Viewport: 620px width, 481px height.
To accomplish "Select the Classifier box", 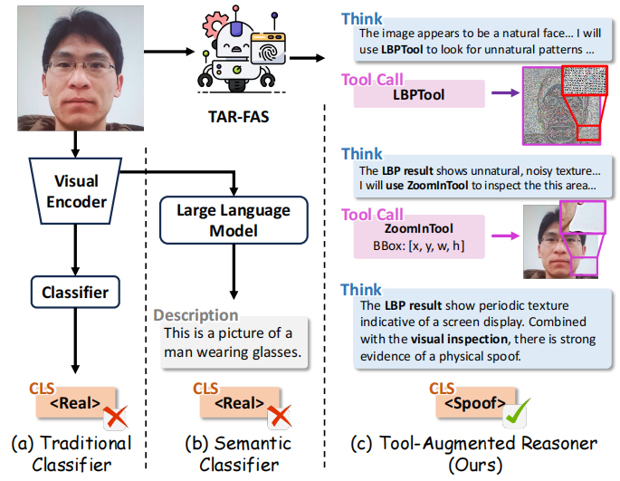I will point(75,292).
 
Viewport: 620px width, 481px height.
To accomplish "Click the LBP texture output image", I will point(561,103).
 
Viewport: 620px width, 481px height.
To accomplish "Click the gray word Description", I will point(196,315).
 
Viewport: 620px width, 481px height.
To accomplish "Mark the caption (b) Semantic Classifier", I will point(234,454).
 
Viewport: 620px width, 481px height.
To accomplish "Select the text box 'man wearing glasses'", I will point(233,342).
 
